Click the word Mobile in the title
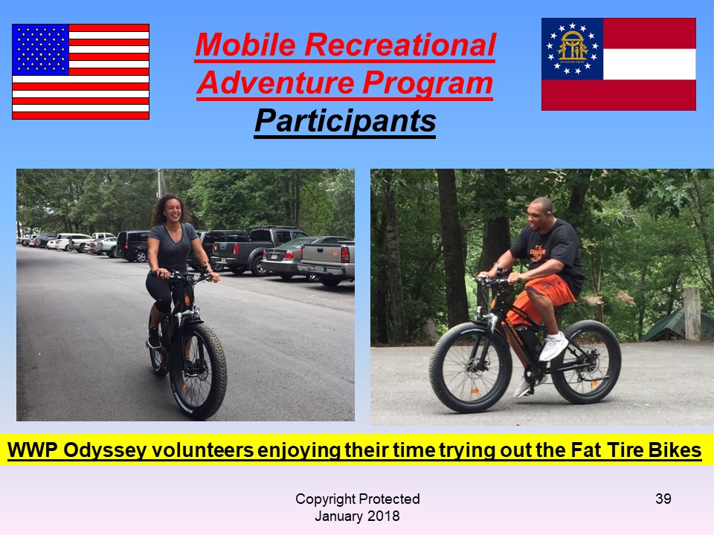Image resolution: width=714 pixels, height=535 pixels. click(x=245, y=45)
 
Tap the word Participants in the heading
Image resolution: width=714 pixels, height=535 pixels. click(x=345, y=121)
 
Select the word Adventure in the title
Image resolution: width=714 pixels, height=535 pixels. click(x=275, y=83)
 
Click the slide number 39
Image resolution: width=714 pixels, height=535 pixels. click(x=663, y=499)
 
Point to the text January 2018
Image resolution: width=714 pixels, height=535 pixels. click(x=357, y=516)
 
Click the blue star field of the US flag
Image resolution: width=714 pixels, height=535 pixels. click(x=40, y=50)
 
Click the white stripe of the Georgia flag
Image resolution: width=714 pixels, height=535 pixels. click(x=649, y=64)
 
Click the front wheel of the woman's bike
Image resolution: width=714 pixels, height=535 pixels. click(x=199, y=372)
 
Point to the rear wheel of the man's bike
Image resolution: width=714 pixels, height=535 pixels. click(x=586, y=362)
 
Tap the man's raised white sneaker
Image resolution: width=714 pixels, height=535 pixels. click(x=553, y=346)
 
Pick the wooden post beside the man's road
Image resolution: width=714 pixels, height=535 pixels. click(x=692, y=314)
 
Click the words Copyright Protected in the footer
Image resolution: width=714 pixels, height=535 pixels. click(x=358, y=499)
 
